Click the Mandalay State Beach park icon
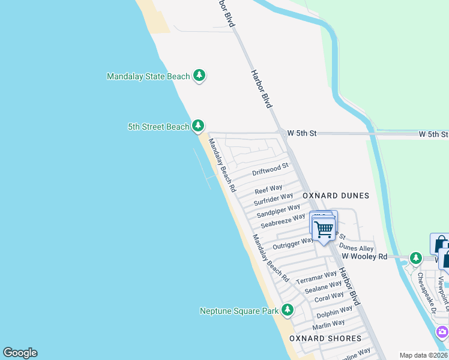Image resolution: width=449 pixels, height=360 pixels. (199, 76)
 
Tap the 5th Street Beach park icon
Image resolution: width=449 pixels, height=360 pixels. (198, 126)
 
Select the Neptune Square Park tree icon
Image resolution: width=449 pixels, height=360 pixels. (288, 310)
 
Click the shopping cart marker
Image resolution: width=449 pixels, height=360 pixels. (324, 229)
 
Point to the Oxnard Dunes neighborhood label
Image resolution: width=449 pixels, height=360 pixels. (336, 196)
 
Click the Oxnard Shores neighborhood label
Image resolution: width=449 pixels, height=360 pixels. (325, 338)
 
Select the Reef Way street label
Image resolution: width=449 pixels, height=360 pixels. (268, 190)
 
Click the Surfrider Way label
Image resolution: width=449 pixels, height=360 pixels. (273, 199)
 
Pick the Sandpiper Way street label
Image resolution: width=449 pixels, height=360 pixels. (278, 211)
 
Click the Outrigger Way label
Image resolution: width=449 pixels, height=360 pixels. (293, 244)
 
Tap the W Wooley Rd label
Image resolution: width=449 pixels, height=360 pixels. (364, 256)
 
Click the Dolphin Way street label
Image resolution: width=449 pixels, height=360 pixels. (334, 312)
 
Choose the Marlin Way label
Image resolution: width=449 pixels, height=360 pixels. (328, 323)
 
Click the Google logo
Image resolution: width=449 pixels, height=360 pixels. (20, 353)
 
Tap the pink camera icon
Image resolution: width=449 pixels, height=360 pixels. (442, 331)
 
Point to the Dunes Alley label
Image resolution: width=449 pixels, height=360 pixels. (356, 248)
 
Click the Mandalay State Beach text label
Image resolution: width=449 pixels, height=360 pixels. (148, 76)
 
